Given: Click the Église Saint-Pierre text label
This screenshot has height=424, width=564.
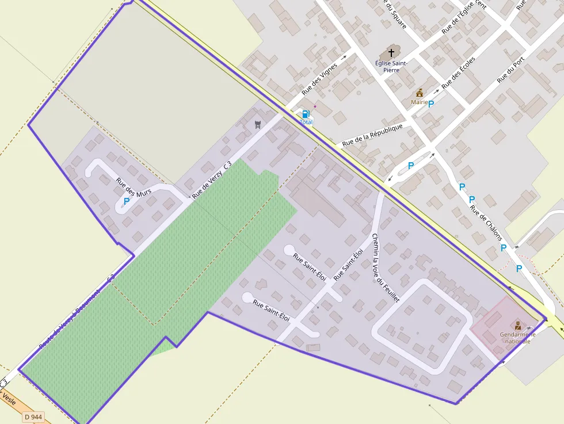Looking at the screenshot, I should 391,66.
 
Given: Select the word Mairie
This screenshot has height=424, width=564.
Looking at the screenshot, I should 419,102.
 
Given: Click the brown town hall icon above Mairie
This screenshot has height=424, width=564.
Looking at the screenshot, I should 420,93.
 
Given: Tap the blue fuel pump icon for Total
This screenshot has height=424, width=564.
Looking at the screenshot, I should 306,114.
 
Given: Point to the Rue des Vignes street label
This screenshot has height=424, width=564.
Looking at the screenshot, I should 319,79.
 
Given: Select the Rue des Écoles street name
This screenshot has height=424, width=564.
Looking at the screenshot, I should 458,72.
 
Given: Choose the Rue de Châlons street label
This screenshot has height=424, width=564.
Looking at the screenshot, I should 486,224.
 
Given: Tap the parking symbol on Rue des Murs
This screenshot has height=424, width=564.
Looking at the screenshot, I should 127,201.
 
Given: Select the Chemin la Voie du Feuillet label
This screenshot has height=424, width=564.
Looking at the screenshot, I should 385,268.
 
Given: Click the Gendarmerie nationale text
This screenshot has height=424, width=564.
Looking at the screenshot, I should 517,338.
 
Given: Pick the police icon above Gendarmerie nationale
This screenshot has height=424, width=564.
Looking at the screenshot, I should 518,326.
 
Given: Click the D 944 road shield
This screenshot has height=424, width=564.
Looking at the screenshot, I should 33,417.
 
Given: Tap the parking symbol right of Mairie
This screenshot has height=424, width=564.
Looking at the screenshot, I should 431,104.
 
